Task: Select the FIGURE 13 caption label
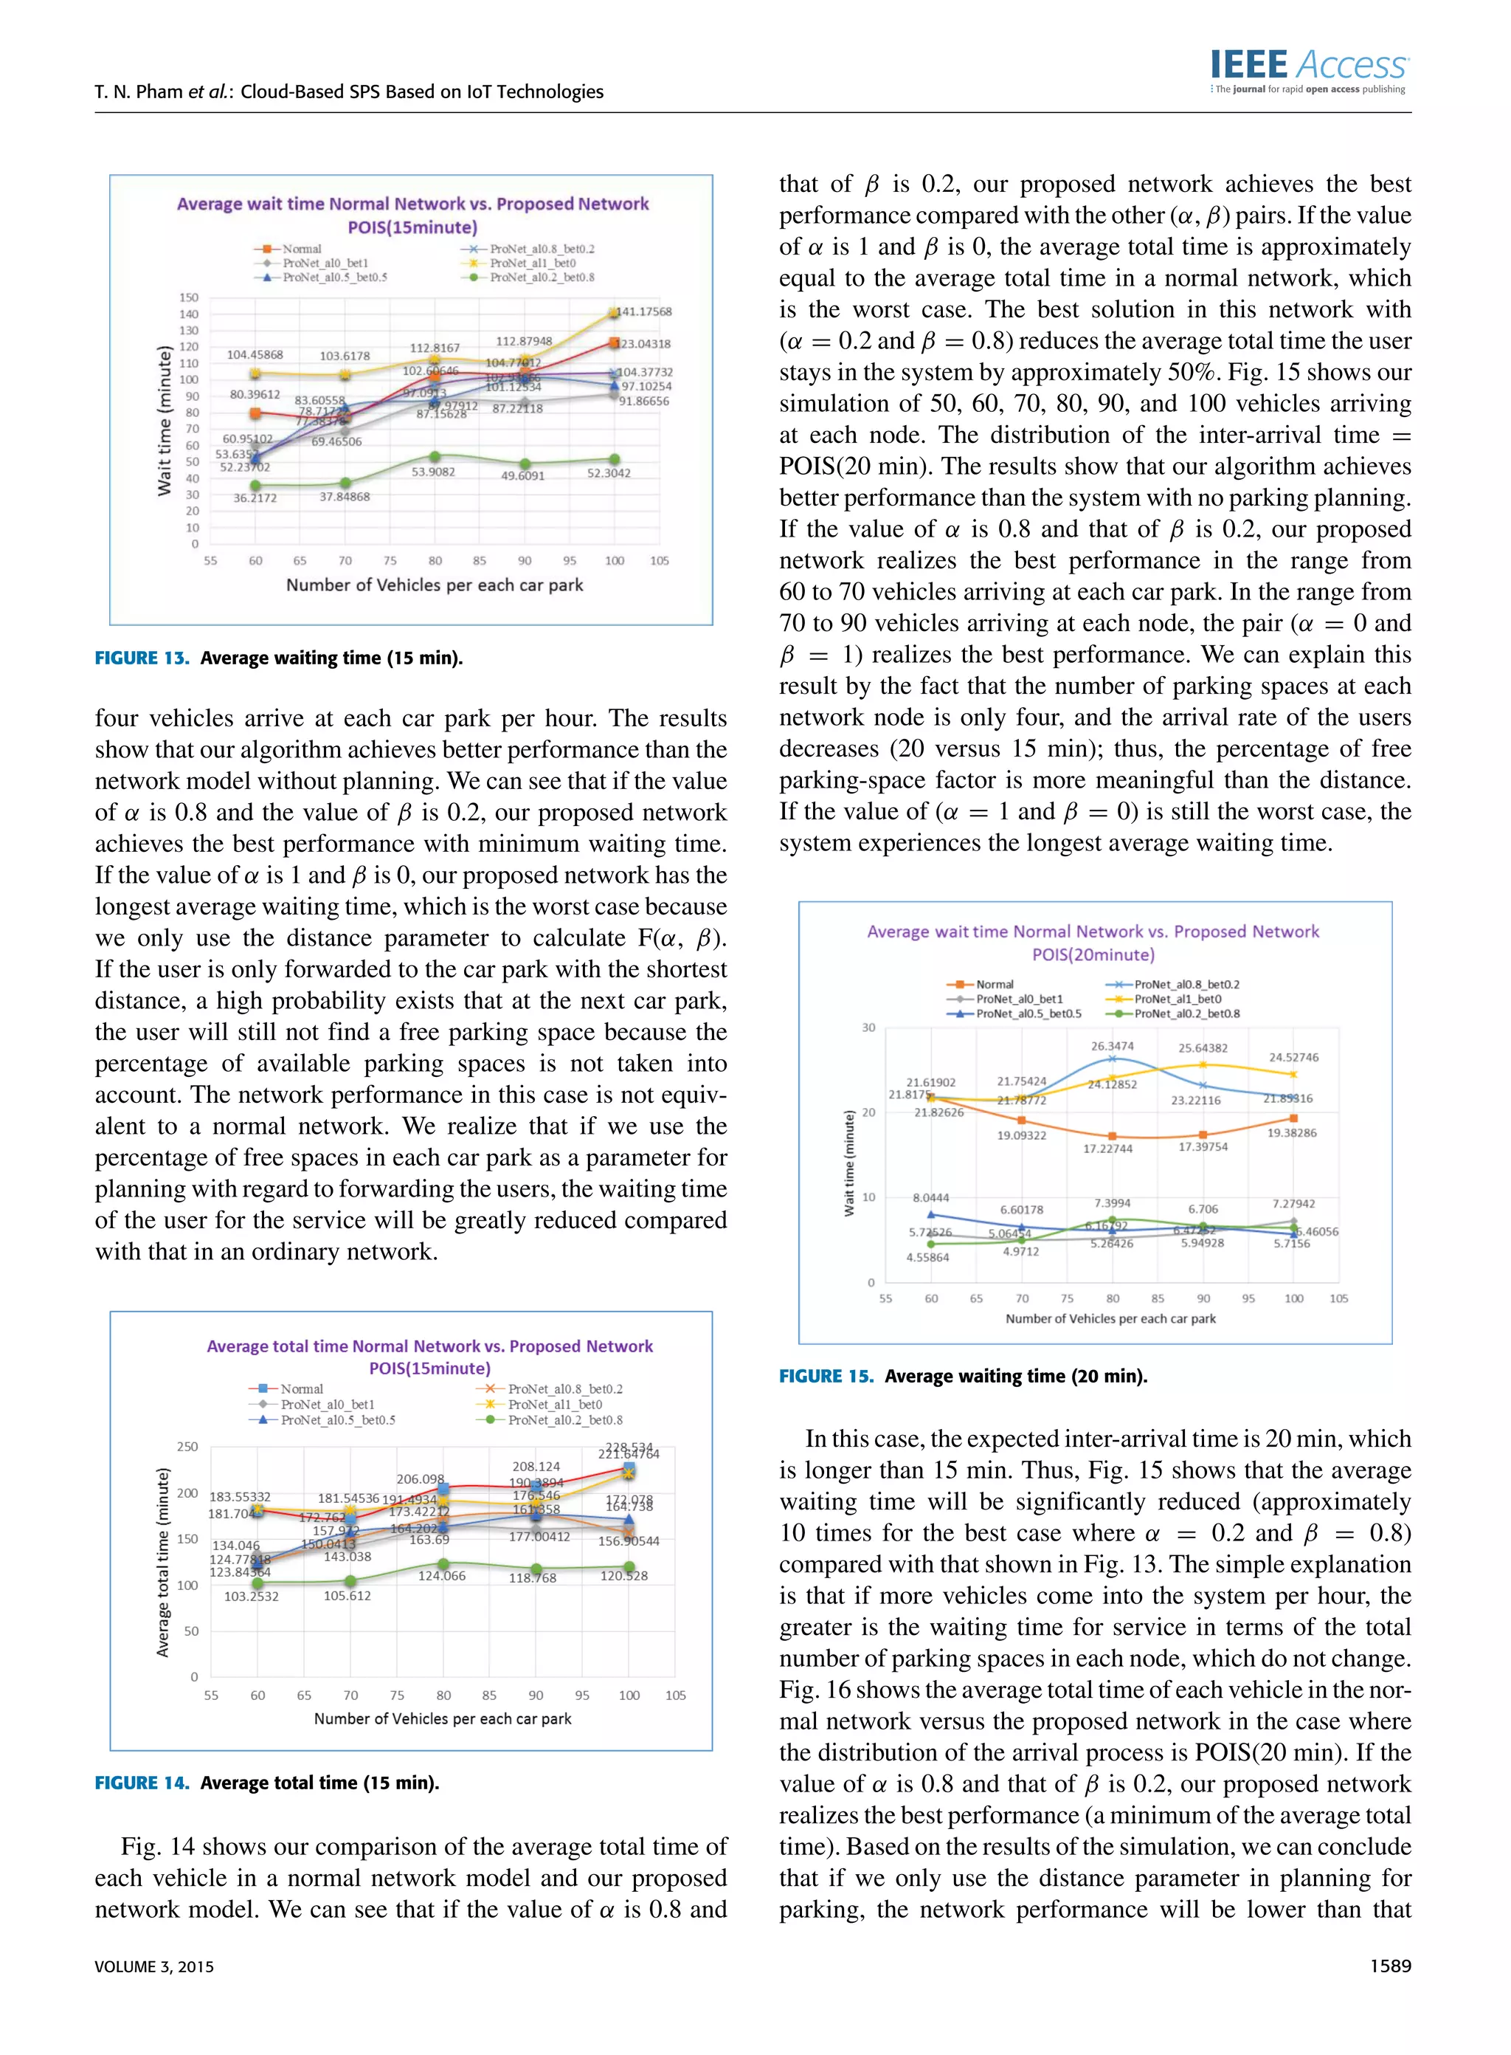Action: pyautogui.click(x=142, y=658)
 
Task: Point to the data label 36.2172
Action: pyautogui.click(x=255, y=498)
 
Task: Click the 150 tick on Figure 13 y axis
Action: pyautogui.click(x=188, y=297)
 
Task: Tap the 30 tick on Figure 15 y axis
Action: pyautogui.click(x=868, y=1027)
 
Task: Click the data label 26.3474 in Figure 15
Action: pyautogui.click(x=1111, y=1046)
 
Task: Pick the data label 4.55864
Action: pyautogui.click(x=927, y=1257)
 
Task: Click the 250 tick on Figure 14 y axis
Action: pyautogui.click(x=187, y=1447)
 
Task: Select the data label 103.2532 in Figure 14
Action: pyautogui.click(x=252, y=1596)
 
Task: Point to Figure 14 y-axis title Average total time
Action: pyautogui.click(x=164, y=1563)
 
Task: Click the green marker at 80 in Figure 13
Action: pyautogui.click(x=435, y=457)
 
